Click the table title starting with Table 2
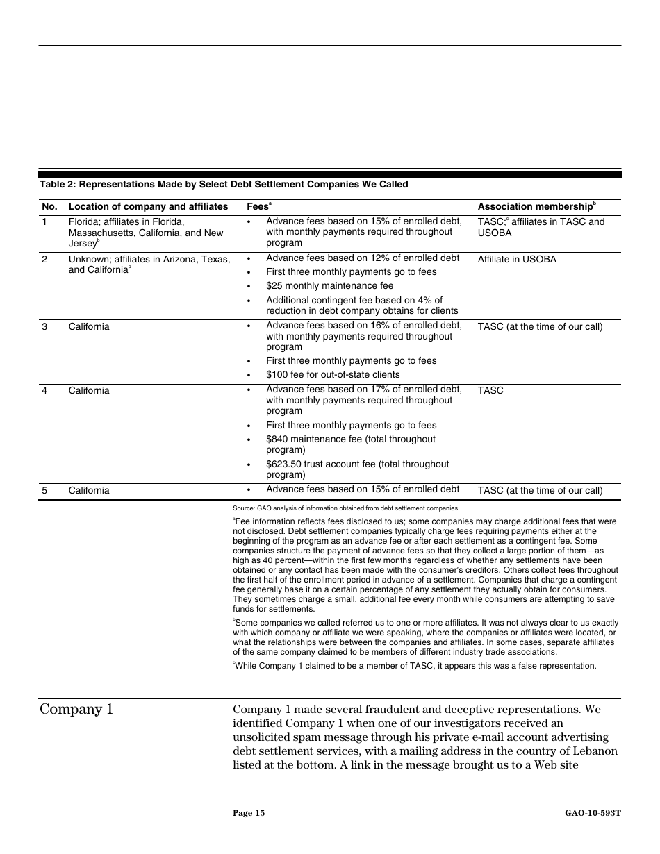224,185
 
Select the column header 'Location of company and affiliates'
148,207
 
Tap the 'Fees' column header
258,207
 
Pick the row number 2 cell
44,260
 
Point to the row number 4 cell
44,391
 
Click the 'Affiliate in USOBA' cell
517,260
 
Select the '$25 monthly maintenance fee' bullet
329,286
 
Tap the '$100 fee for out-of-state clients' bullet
333,375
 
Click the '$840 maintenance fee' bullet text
350,444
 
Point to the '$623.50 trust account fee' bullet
357,469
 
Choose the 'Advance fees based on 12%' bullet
362,258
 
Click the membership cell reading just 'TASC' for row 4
490,391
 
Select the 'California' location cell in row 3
89,327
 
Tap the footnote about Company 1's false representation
415,666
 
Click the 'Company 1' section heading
76,710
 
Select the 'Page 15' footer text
249,813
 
